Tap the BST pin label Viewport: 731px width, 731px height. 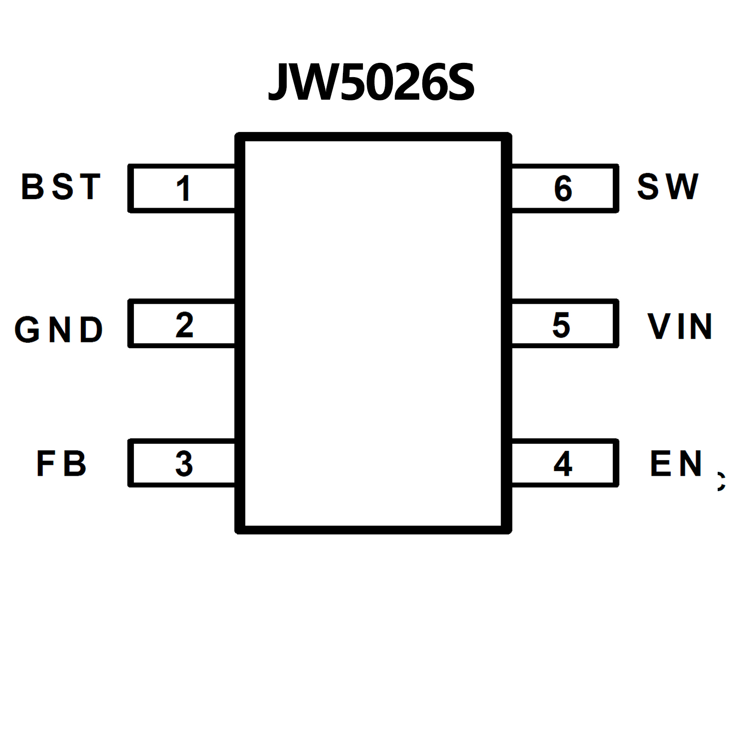(61, 187)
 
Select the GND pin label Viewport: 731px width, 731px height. (59, 329)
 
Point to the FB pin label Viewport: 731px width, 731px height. (61, 463)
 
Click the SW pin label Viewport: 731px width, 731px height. (668, 187)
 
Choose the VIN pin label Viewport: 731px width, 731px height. (680, 327)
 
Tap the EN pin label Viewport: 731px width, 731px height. (676, 463)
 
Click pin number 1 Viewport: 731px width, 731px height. (184, 188)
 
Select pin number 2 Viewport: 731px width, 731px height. (184, 325)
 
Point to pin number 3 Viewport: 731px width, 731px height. (184, 463)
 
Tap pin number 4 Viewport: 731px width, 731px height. (563, 463)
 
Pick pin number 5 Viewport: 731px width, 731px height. (561, 325)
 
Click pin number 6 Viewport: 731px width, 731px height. (563, 188)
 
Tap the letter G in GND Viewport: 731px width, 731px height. (27, 329)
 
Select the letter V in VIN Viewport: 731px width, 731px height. (658, 327)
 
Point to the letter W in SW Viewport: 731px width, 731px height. (682, 187)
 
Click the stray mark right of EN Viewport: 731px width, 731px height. (721, 481)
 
